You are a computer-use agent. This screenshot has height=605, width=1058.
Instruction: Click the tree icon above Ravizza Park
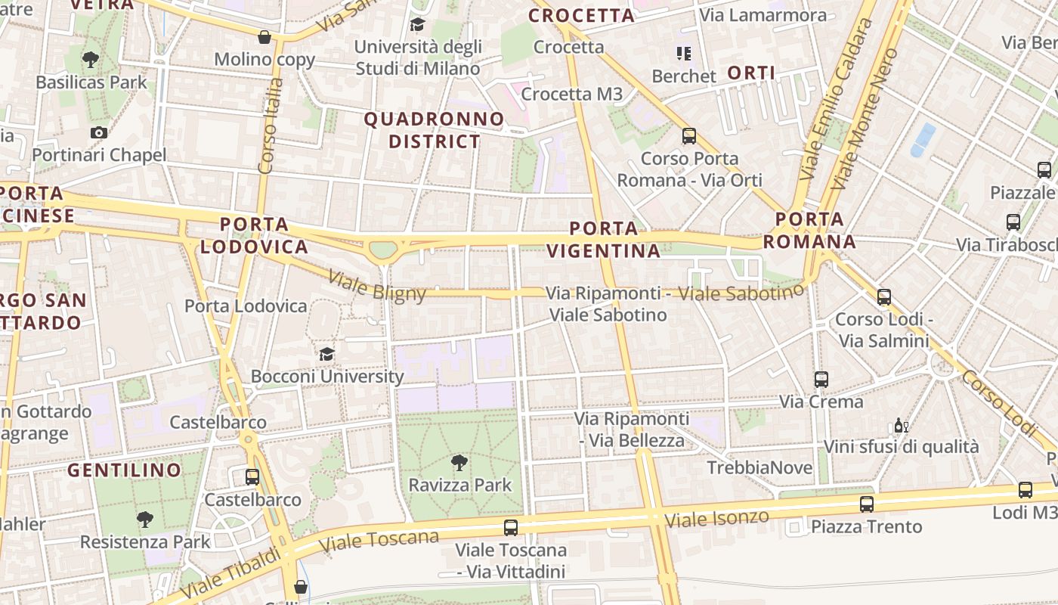click(x=459, y=463)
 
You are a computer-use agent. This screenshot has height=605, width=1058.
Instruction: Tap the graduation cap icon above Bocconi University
click(x=326, y=354)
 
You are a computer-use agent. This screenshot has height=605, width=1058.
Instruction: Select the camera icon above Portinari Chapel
click(x=98, y=133)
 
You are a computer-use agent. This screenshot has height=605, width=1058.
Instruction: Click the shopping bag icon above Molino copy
click(x=264, y=36)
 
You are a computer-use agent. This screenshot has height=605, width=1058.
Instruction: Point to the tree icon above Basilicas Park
click(x=91, y=59)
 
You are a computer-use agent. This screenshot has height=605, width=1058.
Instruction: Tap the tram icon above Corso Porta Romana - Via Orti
click(x=689, y=136)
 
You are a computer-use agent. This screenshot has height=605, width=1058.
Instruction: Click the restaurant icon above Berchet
click(x=683, y=54)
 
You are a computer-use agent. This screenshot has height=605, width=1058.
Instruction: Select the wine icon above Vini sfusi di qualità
click(x=901, y=425)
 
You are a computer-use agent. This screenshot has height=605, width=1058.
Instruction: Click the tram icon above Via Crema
click(x=821, y=380)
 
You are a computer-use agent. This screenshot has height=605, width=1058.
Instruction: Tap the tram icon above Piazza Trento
click(x=867, y=504)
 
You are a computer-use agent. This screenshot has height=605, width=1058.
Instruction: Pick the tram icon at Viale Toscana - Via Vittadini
click(x=511, y=528)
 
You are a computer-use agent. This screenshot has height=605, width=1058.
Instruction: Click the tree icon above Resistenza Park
click(x=144, y=520)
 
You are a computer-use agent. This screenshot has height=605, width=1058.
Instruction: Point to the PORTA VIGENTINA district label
click(x=603, y=240)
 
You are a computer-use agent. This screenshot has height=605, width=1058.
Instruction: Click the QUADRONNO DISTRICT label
click(x=435, y=130)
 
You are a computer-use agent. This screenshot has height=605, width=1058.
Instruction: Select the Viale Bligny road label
click(x=377, y=286)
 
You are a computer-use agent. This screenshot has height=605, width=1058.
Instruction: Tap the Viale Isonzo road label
click(x=716, y=519)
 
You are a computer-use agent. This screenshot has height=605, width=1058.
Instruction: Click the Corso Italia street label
click(x=270, y=125)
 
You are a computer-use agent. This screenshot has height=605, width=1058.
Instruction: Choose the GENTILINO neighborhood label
click(x=125, y=470)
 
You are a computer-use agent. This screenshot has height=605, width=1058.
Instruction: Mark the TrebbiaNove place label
click(x=759, y=468)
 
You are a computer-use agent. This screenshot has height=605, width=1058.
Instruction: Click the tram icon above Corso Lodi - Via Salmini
click(x=884, y=297)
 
